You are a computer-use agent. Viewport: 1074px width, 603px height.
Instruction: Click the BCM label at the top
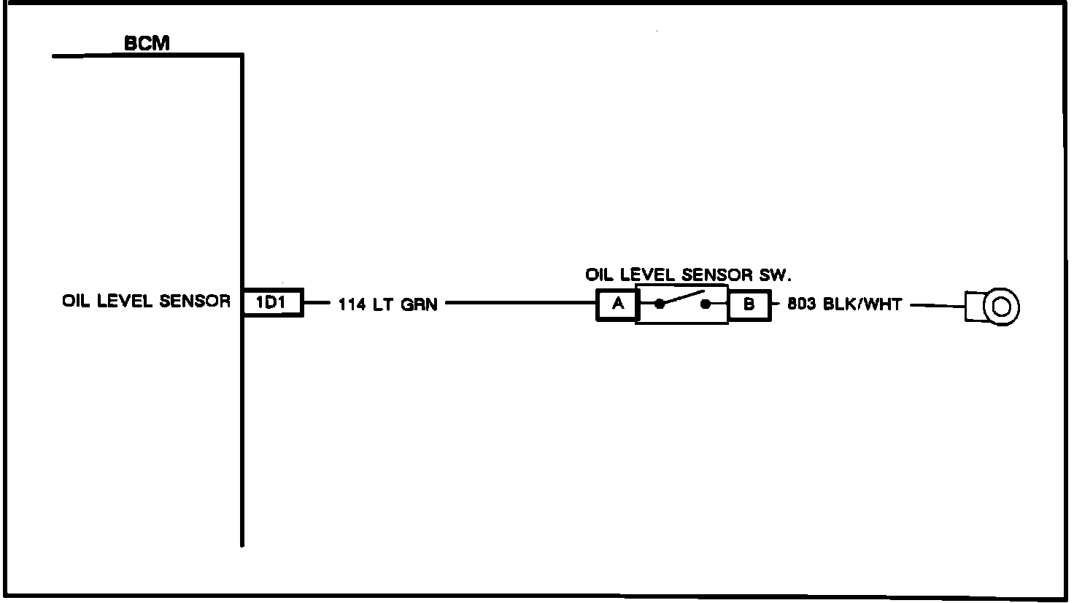pos(147,44)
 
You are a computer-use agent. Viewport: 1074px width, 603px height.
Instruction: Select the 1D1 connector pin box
pos(272,302)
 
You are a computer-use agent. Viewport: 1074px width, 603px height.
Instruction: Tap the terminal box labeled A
pos(617,304)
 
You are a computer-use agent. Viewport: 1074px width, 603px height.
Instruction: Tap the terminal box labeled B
pos(749,304)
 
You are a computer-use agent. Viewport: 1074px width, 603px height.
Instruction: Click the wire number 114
pos(352,304)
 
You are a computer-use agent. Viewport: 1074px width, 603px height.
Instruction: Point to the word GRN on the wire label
pos(420,304)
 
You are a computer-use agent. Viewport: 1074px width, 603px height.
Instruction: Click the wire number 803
pos(802,304)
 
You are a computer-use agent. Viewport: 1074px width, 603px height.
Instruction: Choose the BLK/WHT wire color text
pos(862,304)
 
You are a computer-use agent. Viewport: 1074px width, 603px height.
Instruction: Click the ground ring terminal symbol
pos(1000,307)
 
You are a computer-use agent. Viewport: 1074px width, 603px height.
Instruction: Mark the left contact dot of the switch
pos(659,305)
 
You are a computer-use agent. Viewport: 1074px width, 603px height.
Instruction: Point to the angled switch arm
pos(682,299)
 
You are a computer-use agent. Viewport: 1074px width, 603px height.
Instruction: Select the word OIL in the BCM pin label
pos(76,301)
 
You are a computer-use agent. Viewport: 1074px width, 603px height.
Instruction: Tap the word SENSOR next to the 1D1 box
pos(195,301)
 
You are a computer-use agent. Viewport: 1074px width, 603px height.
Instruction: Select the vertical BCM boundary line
pos(242,183)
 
